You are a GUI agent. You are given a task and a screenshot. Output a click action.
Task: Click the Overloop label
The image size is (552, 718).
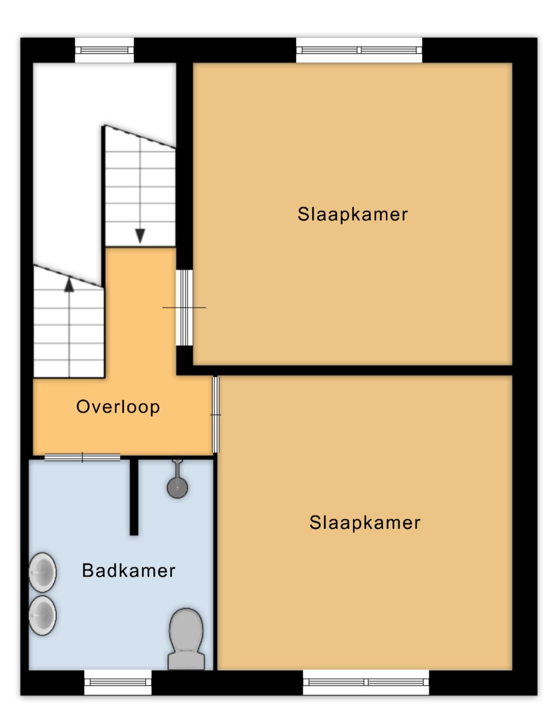point(118,407)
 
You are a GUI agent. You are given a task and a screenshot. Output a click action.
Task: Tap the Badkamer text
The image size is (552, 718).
point(128,571)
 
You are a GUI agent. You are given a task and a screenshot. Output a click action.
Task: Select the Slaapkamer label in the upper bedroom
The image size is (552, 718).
point(353,215)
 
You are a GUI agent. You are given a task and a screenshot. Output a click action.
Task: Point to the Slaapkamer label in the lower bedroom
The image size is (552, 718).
point(365,523)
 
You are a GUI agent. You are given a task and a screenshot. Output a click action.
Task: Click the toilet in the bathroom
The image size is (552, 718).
point(186,640)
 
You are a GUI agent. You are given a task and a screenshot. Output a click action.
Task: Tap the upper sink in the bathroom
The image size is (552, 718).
point(43,572)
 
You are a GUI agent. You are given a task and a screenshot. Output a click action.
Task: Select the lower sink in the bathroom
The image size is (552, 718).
point(43,615)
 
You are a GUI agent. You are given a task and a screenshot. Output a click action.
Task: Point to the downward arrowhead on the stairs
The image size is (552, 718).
point(140,236)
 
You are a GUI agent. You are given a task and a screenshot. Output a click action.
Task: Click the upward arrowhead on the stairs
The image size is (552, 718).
point(69,285)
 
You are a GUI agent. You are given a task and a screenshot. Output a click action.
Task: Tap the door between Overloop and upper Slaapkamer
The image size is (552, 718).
point(185,308)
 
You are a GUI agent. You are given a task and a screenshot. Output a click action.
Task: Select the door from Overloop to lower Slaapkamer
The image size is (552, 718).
point(216,415)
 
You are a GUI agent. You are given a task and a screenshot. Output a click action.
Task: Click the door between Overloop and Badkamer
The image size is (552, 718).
point(82,458)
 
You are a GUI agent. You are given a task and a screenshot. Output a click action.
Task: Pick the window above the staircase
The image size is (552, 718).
point(104,50)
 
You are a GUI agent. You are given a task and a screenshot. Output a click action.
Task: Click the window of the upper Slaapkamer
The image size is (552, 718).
point(359,50)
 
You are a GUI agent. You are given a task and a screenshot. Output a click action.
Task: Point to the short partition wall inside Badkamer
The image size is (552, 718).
point(134,497)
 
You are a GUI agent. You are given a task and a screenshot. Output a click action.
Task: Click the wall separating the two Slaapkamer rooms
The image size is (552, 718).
point(344,371)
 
